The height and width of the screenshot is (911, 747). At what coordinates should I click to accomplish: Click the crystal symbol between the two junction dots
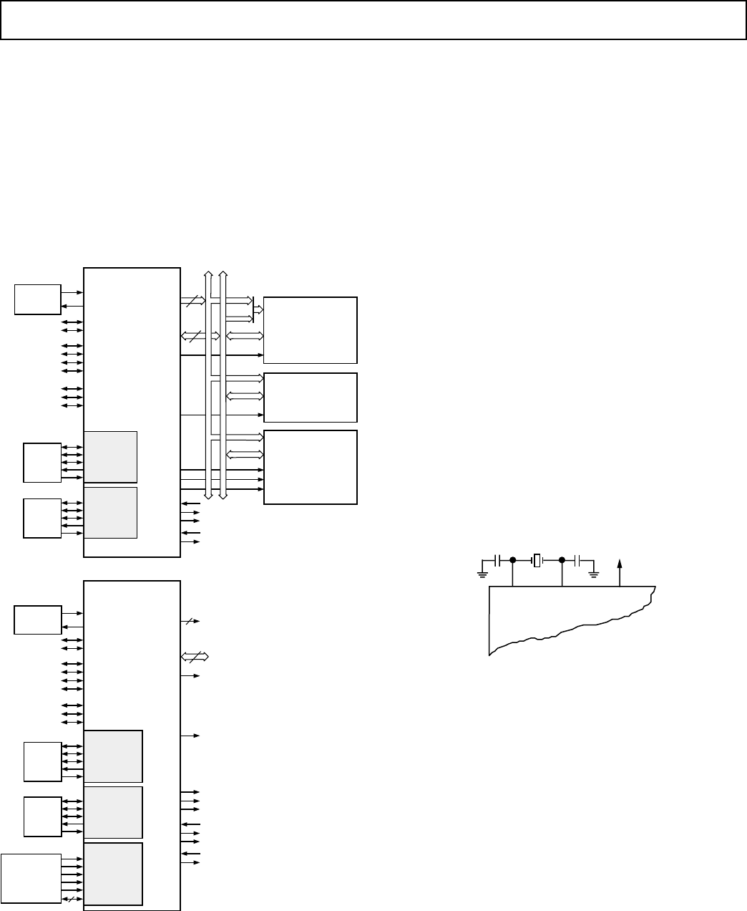[x=537, y=560]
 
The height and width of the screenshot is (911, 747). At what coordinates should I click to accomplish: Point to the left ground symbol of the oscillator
[x=482, y=571]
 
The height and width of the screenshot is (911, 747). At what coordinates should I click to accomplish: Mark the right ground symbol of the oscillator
[x=593, y=571]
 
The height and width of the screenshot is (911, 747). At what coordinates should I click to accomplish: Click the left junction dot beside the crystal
[x=513, y=560]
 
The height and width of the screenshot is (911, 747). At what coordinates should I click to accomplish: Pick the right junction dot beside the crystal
[x=562, y=560]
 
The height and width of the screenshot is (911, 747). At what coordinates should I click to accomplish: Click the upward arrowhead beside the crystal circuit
[x=620, y=565]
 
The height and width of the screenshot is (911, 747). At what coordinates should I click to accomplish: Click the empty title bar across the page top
[x=373, y=19]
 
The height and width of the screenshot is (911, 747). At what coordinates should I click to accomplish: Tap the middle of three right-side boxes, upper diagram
[x=311, y=397]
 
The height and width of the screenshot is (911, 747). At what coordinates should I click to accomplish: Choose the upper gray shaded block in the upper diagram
[x=111, y=457]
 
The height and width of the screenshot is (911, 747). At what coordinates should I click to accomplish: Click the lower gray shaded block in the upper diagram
[x=111, y=512]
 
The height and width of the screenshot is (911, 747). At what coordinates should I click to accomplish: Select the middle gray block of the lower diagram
[x=113, y=812]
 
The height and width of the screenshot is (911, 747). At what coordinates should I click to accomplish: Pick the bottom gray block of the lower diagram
[x=113, y=874]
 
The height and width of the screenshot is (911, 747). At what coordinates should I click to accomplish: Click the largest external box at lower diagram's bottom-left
[x=31, y=879]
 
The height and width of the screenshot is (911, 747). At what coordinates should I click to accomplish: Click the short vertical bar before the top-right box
[x=253, y=308]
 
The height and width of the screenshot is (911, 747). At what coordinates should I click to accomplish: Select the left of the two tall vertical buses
[x=209, y=385]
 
